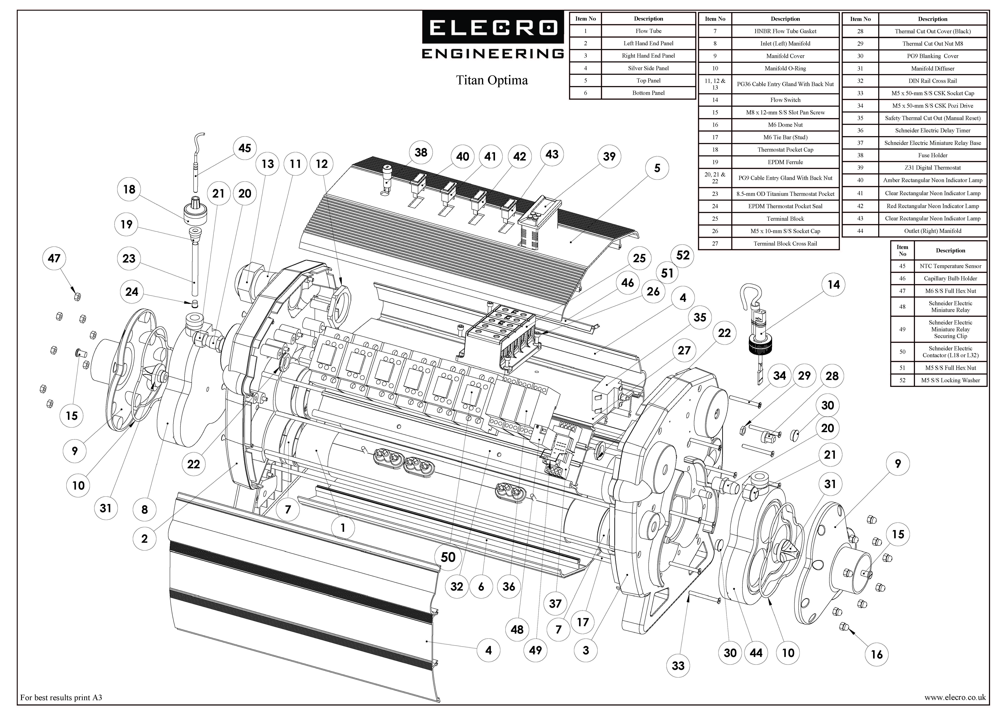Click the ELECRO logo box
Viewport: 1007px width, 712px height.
pos(493,27)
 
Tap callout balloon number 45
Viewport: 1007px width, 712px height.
pos(244,148)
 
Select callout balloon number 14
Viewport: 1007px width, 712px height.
pos(833,285)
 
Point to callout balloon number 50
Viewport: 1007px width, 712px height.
pos(448,557)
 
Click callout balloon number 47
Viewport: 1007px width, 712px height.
pos(54,258)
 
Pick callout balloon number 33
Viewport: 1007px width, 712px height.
pos(678,666)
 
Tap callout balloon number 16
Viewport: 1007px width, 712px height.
pos(876,655)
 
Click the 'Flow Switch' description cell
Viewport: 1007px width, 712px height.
pos(785,100)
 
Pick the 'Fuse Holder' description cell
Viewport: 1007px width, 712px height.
pos(932,155)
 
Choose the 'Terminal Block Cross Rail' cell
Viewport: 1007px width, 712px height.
pos(785,244)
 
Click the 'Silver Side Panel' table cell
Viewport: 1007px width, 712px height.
pos(648,68)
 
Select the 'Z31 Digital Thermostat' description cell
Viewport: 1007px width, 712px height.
pos(932,168)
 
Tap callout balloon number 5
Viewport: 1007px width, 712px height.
pos(657,168)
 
